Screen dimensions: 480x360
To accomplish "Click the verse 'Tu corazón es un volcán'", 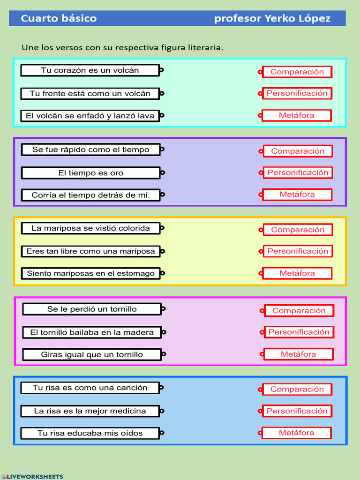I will (x=90, y=70).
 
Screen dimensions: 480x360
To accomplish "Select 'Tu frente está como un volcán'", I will (x=90, y=94).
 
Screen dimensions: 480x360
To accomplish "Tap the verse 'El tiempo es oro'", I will (x=90, y=173).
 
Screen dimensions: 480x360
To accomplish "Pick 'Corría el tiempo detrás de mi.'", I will (x=90, y=195).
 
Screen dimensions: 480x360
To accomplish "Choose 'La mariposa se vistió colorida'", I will (x=90, y=228).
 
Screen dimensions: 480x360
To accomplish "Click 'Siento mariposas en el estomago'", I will (x=90, y=273).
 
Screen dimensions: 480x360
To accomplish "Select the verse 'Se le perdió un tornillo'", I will (x=92, y=309).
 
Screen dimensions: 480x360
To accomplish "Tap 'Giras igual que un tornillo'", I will (x=92, y=354).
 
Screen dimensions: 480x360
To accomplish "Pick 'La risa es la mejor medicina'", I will (x=90, y=411).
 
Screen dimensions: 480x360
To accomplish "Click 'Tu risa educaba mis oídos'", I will (x=90, y=433).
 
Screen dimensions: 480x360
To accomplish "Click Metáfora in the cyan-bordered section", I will (x=297, y=115).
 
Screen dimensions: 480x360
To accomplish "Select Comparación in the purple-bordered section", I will (x=298, y=151).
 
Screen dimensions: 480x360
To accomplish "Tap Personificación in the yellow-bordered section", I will (x=298, y=251).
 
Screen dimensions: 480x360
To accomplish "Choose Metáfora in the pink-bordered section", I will (x=299, y=354).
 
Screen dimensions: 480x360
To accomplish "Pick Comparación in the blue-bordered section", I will (x=297, y=389).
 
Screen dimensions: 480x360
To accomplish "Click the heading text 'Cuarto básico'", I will (x=59, y=19).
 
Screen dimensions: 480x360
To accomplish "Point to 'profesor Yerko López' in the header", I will (x=272, y=19).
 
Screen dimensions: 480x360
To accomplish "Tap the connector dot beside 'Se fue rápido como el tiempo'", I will (x=162, y=150).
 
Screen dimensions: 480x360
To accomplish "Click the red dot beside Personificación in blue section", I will (x=260, y=411).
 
